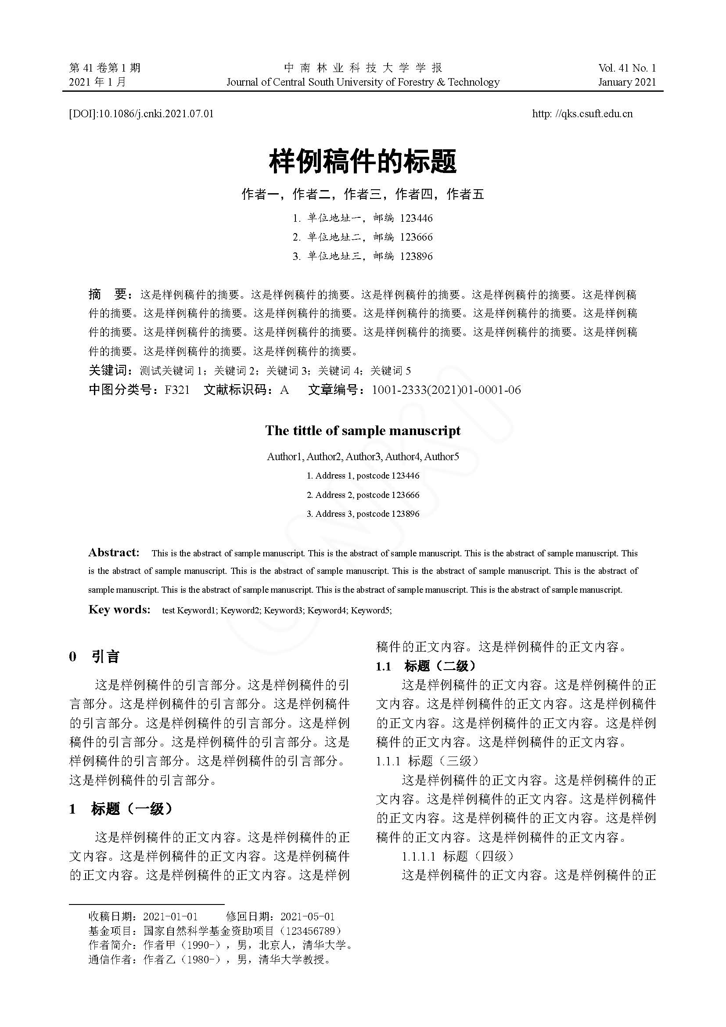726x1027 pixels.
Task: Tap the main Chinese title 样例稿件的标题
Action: pos(363,162)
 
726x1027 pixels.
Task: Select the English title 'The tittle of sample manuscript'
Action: pos(363,430)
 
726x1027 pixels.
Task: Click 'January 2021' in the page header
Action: pos(627,82)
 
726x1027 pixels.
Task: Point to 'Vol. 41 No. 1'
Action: pos(627,68)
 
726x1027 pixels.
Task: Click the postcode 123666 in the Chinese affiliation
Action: pos(416,237)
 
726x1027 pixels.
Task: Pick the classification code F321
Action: pos(177,390)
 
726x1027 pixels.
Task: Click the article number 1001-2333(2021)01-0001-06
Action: pos(446,390)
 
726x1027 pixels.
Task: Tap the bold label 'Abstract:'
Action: pos(114,553)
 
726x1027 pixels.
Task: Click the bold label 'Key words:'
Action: pos(119,609)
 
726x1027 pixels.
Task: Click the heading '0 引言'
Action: pos(94,656)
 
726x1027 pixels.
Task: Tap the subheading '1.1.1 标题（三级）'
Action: pos(427,760)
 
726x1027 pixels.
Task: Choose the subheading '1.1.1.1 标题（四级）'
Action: pos(457,856)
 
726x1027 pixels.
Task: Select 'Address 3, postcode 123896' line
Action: pos(363,514)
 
